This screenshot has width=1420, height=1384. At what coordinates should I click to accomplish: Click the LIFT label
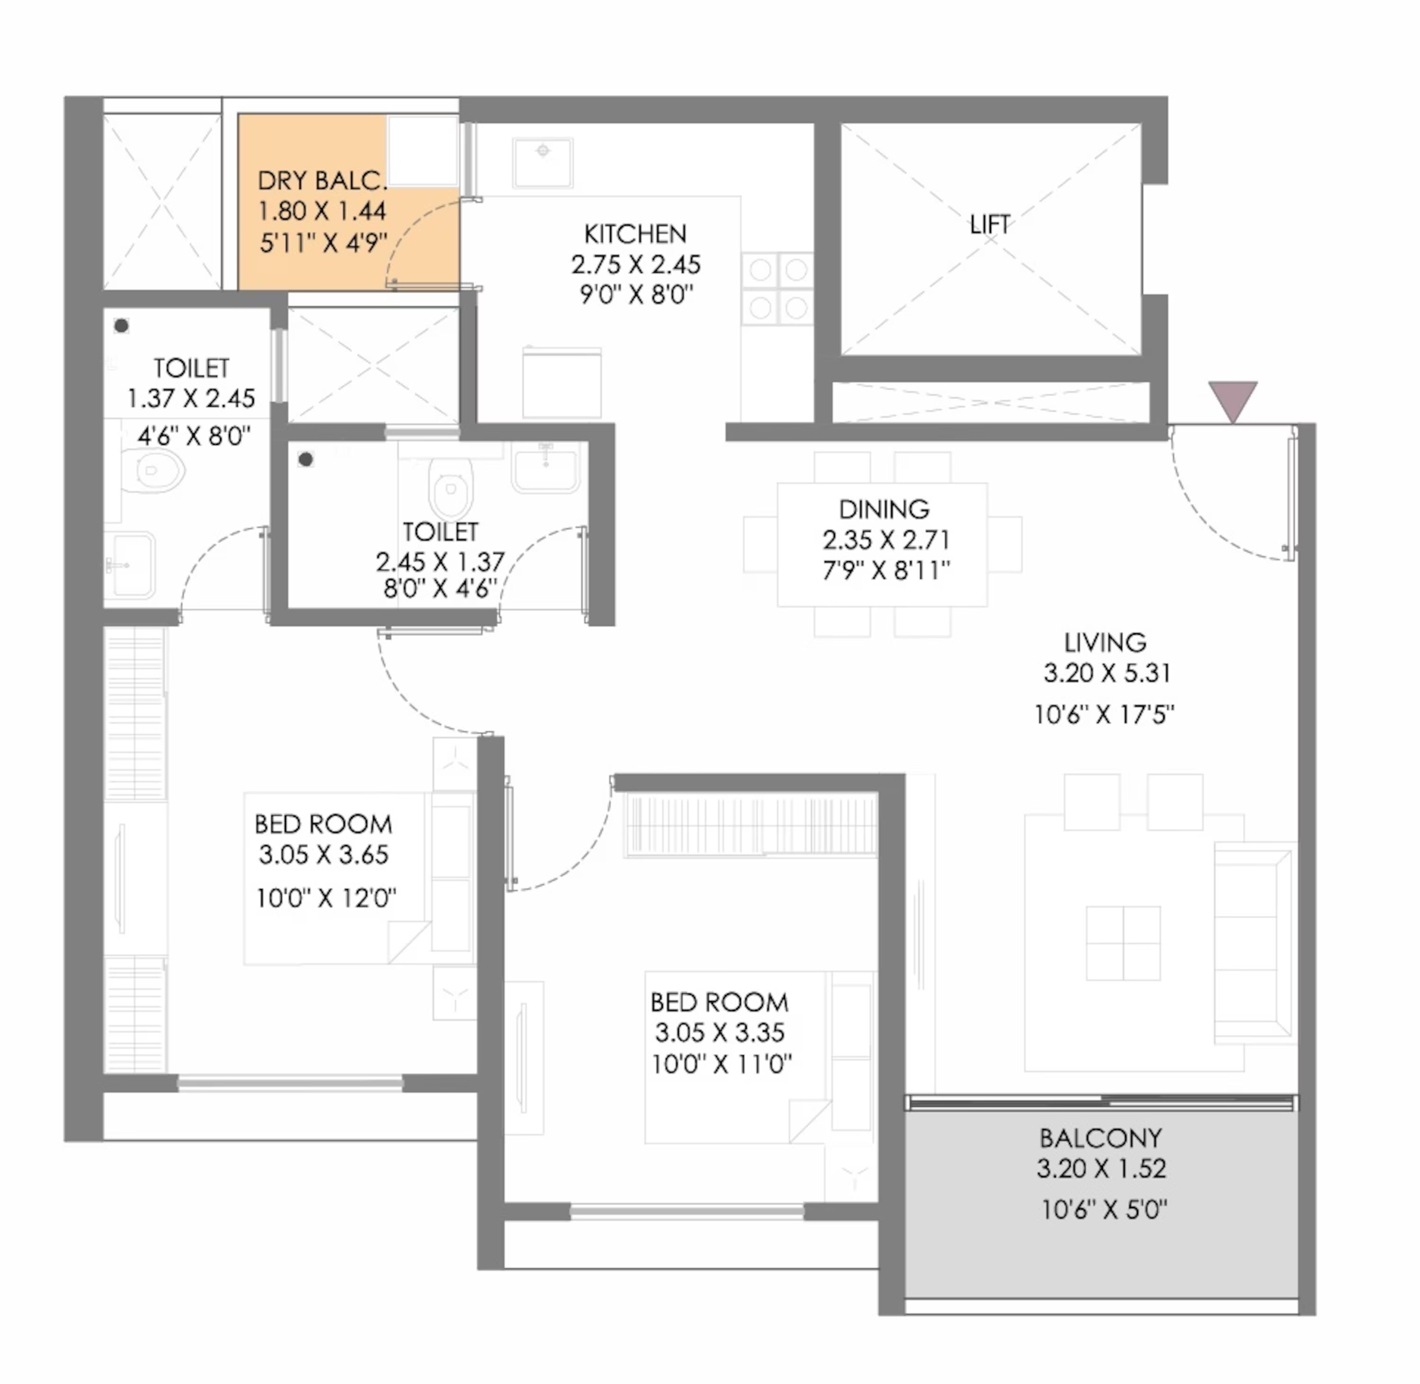click(990, 225)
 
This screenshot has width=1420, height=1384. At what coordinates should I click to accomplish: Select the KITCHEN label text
click(635, 234)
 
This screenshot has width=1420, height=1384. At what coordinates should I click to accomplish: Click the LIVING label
click(1105, 643)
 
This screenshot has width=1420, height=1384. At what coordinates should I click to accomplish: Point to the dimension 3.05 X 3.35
click(719, 1032)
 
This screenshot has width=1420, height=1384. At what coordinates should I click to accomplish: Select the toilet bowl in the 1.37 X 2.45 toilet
click(154, 470)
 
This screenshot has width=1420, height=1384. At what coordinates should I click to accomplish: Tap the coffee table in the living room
click(1123, 943)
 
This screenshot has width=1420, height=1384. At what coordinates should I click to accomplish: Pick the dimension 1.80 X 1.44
click(322, 211)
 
